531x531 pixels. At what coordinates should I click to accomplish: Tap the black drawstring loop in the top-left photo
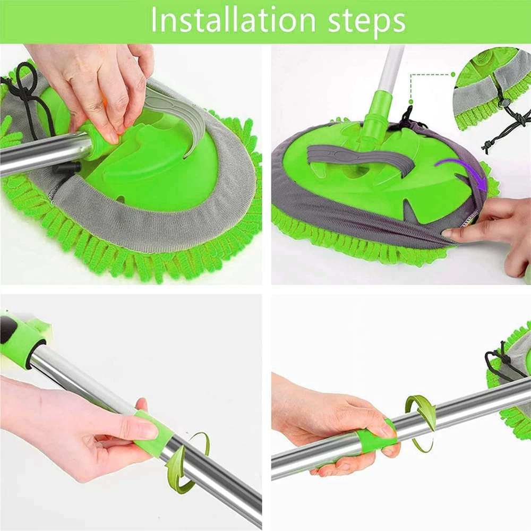tap(25, 95)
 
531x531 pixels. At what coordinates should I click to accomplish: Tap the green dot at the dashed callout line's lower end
tap(411, 101)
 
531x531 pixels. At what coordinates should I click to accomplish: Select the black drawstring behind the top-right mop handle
tap(408, 117)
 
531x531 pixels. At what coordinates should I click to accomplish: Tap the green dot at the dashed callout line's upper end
tap(453, 74)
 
